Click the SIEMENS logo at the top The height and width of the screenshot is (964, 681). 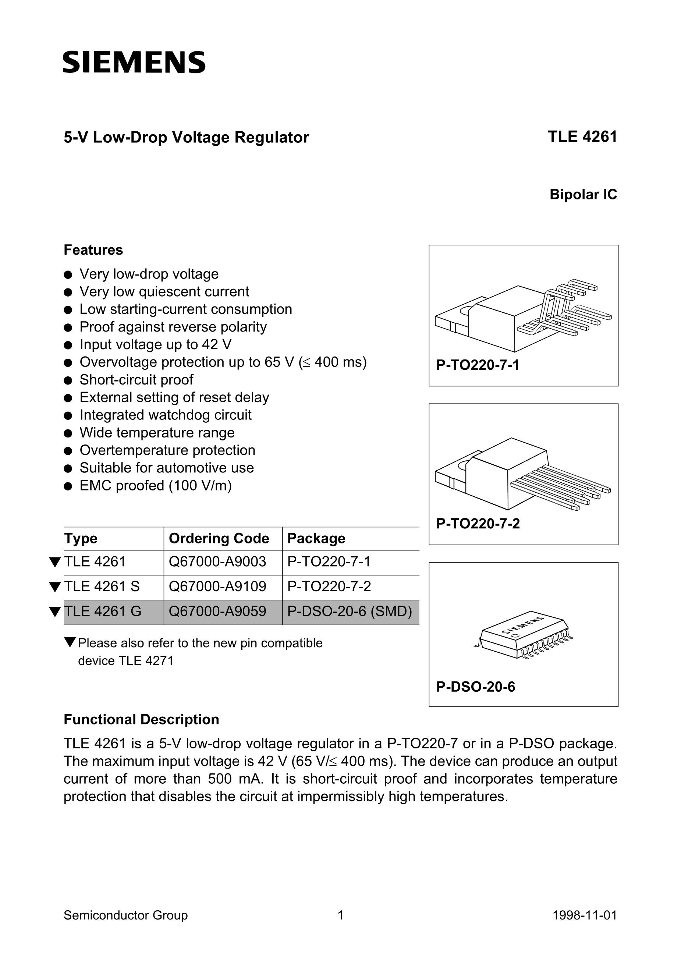click(x=134, y=63)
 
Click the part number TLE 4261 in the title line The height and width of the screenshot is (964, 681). click(x=582, y=137)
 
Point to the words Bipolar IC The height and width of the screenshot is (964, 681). click(x=583, y=194)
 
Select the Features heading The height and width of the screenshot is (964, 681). click(x=93, y=250)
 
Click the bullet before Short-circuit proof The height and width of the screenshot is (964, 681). click(x=68, y=380)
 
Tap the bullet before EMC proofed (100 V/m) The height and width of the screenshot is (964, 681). click(x=68, y=486)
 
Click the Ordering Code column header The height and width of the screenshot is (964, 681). click(x=219, y=538)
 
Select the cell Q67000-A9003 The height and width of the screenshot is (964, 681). click(x=217, y=562)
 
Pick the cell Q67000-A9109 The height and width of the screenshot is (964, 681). click(x=217, y=586)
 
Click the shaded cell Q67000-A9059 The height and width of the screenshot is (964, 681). click(x=217, y=611)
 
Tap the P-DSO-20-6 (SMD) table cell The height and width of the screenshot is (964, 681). click(x=349, y=611)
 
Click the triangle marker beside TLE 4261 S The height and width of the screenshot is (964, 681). click(x=54, y=586)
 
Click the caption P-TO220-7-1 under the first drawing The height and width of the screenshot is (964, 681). click(x=478, y=365)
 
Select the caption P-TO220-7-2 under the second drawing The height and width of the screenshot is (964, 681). click(x=478, y=524)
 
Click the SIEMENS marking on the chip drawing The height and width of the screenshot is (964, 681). click(x=523, y=625)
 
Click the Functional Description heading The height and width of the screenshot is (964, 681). click(x=141, y=719)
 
